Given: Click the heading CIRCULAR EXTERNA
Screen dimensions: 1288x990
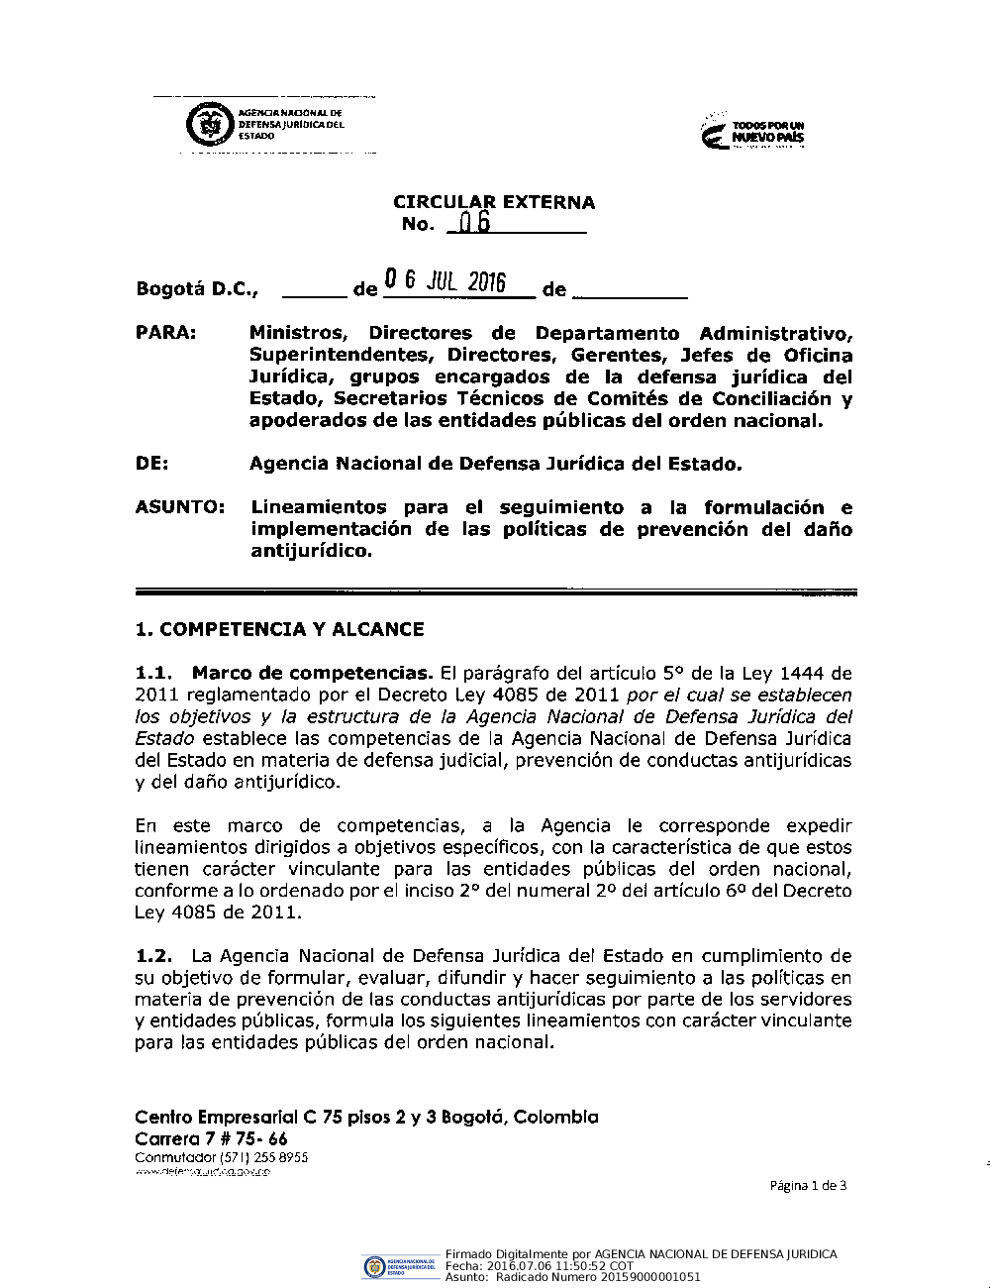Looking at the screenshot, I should click(x=494, y=202).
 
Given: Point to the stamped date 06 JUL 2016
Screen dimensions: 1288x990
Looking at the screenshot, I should click(x=445, y=282).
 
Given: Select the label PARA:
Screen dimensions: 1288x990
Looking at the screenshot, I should click(x=165, y=333).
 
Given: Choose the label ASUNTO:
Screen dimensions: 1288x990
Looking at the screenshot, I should click(x=179, y=507).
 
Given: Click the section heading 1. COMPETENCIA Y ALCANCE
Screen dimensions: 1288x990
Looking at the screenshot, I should click(x=279, y=629).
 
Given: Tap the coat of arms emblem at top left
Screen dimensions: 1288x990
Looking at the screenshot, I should click(x=207, y=126).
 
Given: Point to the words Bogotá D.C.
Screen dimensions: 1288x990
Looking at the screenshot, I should click(x=197, y=289).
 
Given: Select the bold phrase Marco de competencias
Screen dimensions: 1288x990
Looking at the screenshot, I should click(x=312, y=674).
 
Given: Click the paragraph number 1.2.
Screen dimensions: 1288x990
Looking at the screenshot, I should click(x=153, y=956).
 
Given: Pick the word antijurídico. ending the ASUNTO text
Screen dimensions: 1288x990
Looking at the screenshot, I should click(x=312, y=551).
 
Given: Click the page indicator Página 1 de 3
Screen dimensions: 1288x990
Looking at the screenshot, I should click(x=807, y=1186).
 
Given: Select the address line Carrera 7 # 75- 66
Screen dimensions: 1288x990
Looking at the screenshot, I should click(x=211, y=1138).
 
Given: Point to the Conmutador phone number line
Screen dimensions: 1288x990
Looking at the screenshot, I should click(x=221, y=1157).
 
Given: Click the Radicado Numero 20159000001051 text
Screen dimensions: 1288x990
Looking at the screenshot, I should click(x=597, y=1277).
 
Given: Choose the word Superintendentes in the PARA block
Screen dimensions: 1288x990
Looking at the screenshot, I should click(x=338, y=355).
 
